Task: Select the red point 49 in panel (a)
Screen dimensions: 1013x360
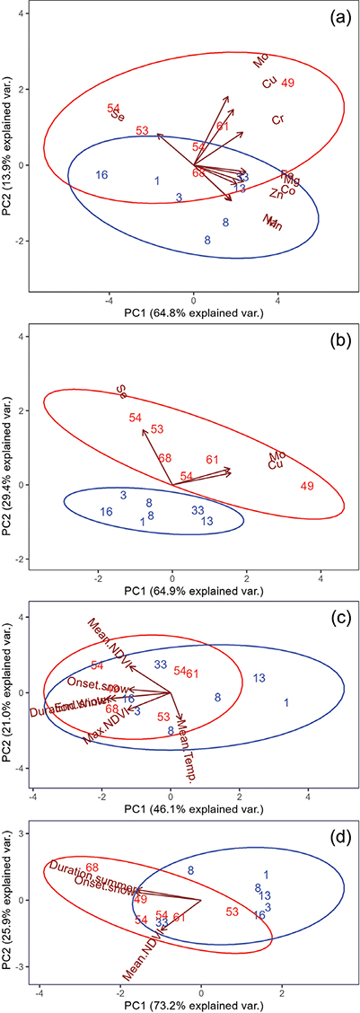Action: click(288, 84)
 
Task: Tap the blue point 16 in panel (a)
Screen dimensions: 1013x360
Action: click(102, 174)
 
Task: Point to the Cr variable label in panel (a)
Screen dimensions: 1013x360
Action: click(278, 120)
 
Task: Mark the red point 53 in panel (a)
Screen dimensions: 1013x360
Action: click(142, 131)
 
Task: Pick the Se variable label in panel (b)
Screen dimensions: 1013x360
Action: click(121, 391)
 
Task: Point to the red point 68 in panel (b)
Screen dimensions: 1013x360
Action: click(165, 459)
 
